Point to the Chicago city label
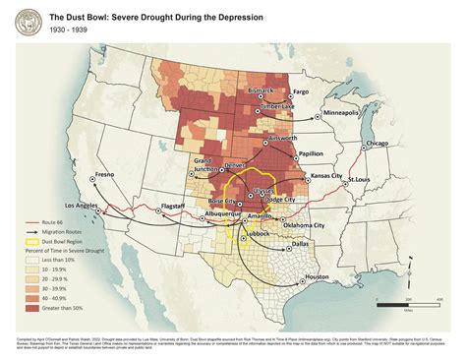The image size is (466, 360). point(382,143)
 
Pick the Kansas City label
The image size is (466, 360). point(331,175)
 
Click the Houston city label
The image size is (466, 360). point(317,276)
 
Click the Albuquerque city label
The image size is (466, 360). point(213,212)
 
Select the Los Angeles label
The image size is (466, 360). point(85,205)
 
